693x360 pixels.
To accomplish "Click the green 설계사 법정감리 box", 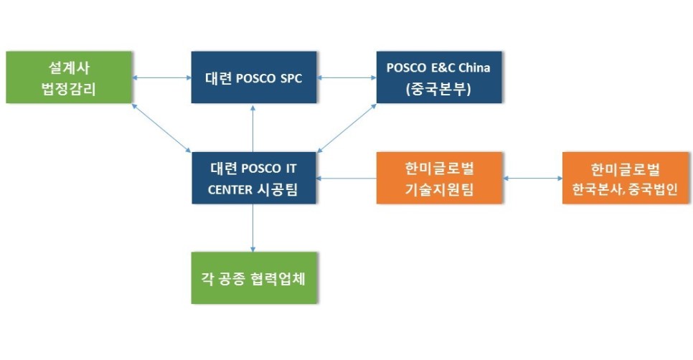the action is pyautogui.click(x=69, y=77).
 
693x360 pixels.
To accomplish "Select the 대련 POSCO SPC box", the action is pyautogui.click(x=254, y=77).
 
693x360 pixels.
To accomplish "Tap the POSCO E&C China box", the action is pyautogui.click(x=439, y=77).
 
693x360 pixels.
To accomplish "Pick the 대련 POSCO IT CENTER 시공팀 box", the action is pyautogui.click(x=254, y=178).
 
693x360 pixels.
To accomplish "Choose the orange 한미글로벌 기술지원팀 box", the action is pyautogui.click(x=439, y=178).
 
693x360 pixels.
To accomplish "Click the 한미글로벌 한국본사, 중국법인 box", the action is pyautogui.click(x=626, y=178).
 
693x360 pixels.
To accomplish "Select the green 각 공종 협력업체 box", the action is pyautogui.click(x=254, y=278).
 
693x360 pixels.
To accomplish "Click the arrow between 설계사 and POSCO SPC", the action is pyautogui.click(x=161, y=77).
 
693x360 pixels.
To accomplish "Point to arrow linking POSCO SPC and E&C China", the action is pyautogui.click(x=346, y=77).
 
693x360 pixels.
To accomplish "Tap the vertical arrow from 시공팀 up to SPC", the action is pyautogui.click(x=253, y=128).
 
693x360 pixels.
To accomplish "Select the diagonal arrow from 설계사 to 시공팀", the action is pyautogui.click(x=161, y=128).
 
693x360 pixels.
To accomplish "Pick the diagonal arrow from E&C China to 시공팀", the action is pyautogui.click(x=346, y=128).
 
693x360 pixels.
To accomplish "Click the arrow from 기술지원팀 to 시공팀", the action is pyautogui.click(x=346, y=179).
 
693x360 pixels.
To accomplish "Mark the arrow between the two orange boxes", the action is pyautogui.click(x=532, y=179).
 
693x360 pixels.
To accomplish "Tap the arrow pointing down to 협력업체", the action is pyautogui.click(x=253, y=228).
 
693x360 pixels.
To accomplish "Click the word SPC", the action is pyautogui.click(x=291, y=78).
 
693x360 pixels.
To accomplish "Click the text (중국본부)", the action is pyautogui.click(x=438, y=89).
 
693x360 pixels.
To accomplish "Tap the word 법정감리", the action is pyautogui.click(x=68, y=89).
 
